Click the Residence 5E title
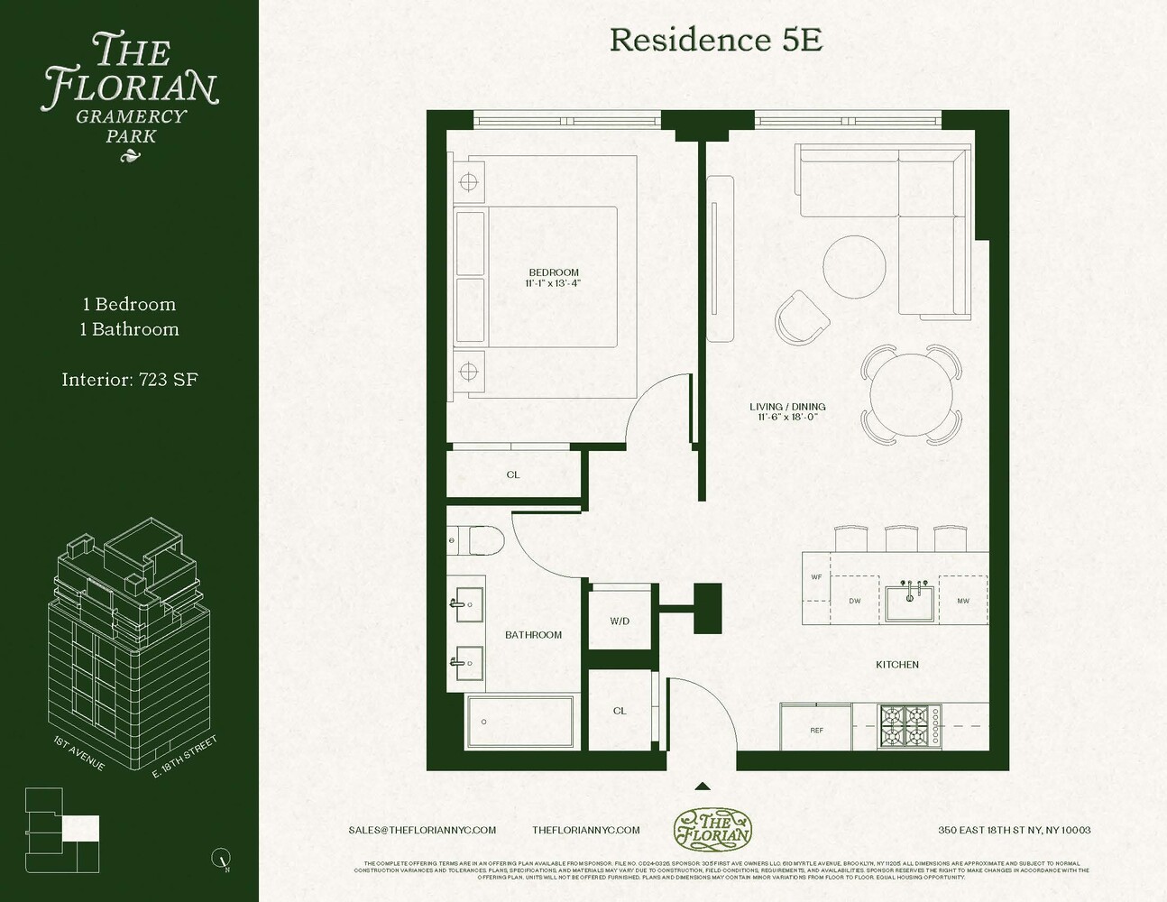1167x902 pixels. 715,40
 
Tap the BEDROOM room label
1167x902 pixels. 554,272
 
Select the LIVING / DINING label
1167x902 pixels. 787,407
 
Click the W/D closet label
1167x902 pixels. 620,621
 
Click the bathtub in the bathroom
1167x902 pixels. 520,722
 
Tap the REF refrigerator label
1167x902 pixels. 816,730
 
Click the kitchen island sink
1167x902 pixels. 910,603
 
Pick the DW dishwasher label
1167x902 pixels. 854,601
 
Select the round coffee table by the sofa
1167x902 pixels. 854,267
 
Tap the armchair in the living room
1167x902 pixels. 802,318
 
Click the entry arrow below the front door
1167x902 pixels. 703,787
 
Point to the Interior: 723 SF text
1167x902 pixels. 130,380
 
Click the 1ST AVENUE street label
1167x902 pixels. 79,754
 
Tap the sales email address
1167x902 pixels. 422,830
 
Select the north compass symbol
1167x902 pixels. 221,858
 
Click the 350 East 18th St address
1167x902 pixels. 1014,830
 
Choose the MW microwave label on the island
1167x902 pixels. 962,601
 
